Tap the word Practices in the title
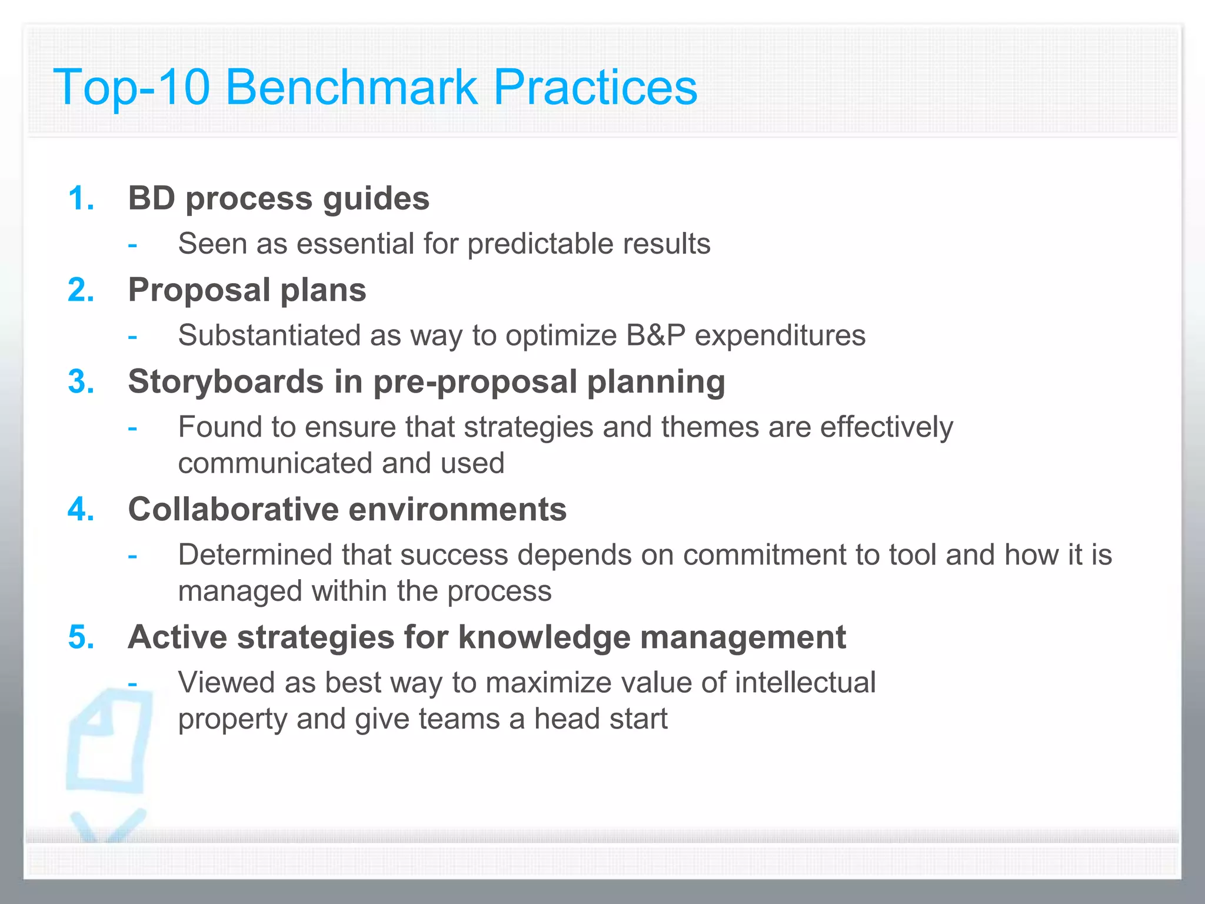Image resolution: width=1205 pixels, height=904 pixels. [595, 87]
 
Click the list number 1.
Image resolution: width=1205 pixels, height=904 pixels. [81, 198]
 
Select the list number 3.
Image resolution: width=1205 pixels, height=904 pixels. [81, 382]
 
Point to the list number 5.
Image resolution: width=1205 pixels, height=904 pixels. [81, 637]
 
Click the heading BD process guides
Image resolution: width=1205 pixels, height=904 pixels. [278, 198]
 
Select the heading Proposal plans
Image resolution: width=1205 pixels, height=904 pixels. [247, 290]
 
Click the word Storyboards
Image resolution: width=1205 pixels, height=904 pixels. [225, 382]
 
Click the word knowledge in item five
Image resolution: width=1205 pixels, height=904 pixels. [544, 637]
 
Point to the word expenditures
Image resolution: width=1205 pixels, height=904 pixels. [780, 335]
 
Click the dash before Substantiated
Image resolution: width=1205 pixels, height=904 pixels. [132, 337]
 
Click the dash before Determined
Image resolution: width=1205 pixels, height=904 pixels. [132, 556]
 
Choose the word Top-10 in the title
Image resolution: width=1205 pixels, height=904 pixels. [131, 87]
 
